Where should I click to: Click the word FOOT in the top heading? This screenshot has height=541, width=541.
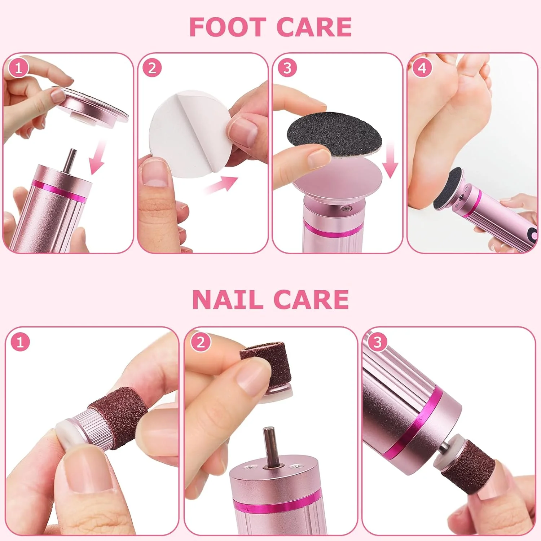click(227, 27)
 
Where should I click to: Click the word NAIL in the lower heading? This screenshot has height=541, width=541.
click(227, 300)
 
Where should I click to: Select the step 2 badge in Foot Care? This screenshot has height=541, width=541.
click(152, 68)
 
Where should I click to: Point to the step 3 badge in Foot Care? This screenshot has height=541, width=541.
click(287, 68)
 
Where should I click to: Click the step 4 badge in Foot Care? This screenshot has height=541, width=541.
click(422, 68)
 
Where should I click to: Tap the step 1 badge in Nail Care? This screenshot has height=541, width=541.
click(20, 342)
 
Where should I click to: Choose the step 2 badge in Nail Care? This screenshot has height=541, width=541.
click(201, 342)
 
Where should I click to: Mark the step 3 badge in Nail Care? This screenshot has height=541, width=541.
click(377, 342)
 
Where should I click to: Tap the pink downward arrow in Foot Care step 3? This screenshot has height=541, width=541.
click(390, 160)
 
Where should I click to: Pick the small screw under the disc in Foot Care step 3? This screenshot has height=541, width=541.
click(347, 208)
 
